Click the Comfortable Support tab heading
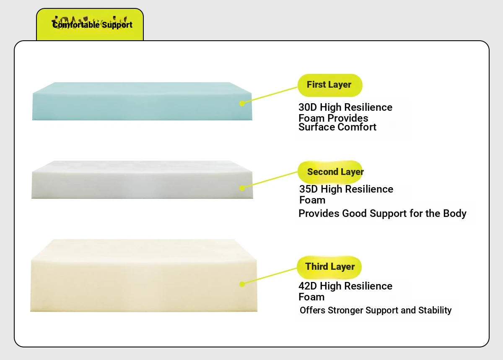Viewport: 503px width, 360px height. point(92,25)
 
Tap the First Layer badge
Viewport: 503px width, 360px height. point(330,86)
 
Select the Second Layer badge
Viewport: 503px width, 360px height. point(330,172)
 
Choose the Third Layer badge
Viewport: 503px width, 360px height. point(329,267)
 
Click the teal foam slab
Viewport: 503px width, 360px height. point(142,101)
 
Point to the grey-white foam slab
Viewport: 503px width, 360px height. point(142,180)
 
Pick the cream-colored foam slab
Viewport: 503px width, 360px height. point(144,276)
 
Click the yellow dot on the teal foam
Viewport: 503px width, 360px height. point(242,103)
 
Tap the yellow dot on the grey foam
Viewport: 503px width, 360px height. point(242,188)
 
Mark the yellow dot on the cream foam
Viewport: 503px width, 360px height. point(242,284)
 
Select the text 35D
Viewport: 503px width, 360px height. point(309,189)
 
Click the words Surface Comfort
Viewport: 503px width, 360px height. point(337,127)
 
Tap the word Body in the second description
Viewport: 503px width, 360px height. point(454,214)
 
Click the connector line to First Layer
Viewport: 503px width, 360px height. point(270,95)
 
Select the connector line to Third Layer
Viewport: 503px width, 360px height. point(270,276)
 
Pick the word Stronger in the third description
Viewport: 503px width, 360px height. point(345,310)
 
